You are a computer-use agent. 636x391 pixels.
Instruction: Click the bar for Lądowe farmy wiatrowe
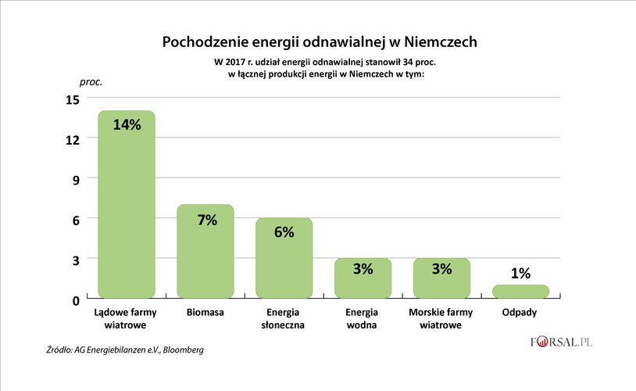pos(126,211)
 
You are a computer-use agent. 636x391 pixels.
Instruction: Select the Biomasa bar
pos(205,258)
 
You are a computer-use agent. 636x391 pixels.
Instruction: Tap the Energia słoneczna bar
pos(284,266)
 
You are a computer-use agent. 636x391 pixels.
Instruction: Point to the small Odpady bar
pos(520,291)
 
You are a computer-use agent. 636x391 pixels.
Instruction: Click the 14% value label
pos(127,124)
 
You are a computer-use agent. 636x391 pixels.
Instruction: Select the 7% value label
pos(206,220)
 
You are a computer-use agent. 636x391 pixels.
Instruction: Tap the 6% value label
pos(284,232)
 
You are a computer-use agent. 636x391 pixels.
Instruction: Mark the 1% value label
pos(520,273)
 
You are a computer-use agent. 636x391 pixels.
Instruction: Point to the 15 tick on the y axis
pos(73,99)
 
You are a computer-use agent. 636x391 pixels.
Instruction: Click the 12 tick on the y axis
pos(73,139)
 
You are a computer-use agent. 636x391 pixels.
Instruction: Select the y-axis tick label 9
pos(76,179)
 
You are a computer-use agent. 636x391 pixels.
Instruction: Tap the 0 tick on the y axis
pos(76,300)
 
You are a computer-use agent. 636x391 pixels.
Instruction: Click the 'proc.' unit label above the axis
pos(91,81)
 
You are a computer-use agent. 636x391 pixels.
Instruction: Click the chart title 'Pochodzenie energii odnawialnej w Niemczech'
pos(318,41)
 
